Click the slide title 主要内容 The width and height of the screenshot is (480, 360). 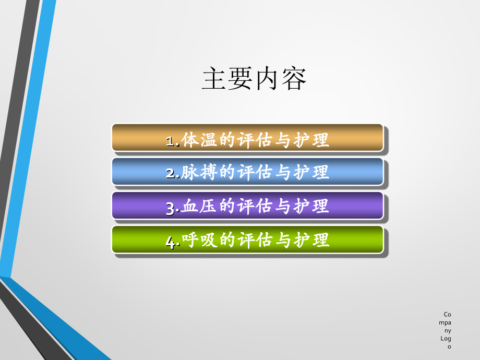click(x=254, y=79)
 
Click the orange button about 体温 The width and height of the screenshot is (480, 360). click(x=247, y=138)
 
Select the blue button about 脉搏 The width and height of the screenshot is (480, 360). click(x=247, y=172)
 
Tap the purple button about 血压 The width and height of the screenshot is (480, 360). click(x=247, y=206)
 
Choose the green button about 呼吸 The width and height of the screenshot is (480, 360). click(x=247, y=239)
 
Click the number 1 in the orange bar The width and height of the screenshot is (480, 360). click(x=170, y=141)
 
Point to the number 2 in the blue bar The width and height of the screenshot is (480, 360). click(x=170, y=174)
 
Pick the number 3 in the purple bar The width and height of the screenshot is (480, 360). click(x=170, y=208)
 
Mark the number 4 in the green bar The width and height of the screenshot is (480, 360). click(x=170, y=242)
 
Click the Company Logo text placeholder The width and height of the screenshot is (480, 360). click(x=447, y=330)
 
